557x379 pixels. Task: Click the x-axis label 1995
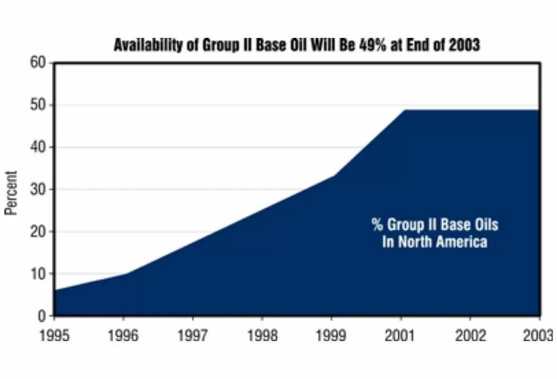[55, 336]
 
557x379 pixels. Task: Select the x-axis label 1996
[124, 336]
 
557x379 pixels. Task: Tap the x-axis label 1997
[193, 336]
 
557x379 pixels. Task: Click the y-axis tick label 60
[39, 62]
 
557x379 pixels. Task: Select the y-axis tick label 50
[39, 105]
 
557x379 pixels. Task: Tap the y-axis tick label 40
[39, 147]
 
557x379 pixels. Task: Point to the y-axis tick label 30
[39, 189]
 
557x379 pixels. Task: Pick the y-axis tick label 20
[39, 231]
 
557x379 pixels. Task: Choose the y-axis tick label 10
[39, 274]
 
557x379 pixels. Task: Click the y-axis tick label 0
[43, 316]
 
